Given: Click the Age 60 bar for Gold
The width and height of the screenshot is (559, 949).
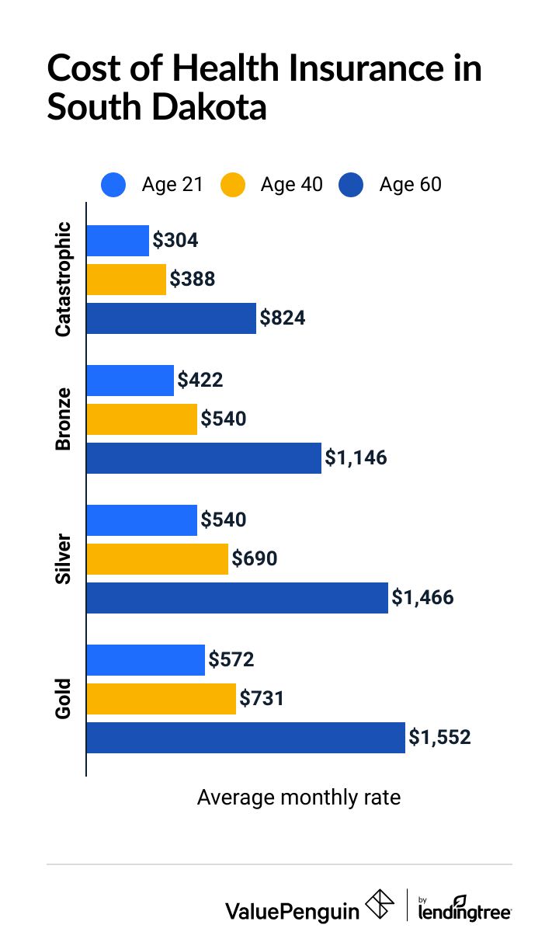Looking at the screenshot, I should coord(245,738).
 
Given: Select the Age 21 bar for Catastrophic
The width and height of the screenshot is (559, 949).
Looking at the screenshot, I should coord(117,241).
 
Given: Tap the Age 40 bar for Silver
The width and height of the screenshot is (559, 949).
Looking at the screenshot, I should coord(158,559).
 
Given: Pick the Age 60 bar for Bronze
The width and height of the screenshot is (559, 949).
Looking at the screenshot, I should coord(203,458).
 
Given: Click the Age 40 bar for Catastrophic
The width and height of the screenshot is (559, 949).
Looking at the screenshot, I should coord(126,280).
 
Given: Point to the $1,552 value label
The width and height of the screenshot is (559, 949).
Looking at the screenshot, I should coord(440,737).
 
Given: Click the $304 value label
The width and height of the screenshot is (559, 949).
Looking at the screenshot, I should coord(175,240).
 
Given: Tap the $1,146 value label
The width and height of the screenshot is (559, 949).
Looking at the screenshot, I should coord(356,458).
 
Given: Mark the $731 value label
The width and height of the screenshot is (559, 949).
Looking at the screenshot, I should coord(262,699).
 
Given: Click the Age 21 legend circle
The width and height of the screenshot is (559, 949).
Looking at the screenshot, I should coord(114,185).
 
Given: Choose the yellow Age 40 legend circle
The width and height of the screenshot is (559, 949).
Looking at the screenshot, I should coord(233,185).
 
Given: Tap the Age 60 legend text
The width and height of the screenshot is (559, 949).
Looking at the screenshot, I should coord(410,185).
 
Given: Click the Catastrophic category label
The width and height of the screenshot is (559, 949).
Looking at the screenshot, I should coord(64,280).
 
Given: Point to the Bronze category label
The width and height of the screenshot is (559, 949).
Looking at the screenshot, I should coord(64,419).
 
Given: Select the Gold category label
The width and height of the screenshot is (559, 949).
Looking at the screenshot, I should coord(64,699).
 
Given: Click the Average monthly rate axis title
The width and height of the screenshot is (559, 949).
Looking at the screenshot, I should coord(299,798).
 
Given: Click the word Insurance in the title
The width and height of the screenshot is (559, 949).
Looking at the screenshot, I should coord(366,69).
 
